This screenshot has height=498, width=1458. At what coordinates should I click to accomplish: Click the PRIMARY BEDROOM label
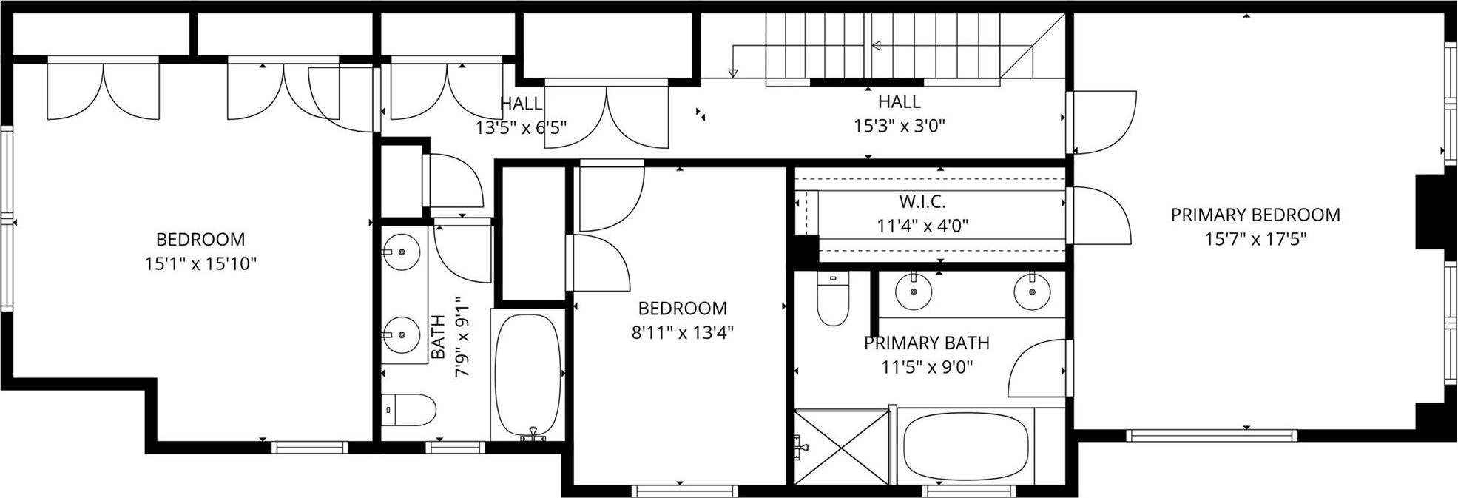[x=1255, y=215]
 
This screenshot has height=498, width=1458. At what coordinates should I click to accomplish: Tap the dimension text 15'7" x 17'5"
[x=1255, y=239]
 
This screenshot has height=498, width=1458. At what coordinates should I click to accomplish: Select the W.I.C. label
[x=922, y=201]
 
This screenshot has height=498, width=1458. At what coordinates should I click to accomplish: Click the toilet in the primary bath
[x=834, y=300]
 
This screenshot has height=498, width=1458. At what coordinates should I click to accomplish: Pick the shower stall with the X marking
[x=842, y=447]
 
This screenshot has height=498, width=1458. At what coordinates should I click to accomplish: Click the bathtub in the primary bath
[x=965, y=447]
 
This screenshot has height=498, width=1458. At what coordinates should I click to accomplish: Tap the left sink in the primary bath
[x=914, y=291]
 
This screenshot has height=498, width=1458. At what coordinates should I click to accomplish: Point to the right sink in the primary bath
[x=1032, y=291]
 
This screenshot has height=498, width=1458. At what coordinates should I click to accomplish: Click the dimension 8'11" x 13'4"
[x=682, y=332]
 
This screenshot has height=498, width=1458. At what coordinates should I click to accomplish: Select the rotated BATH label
[x=438, y=337]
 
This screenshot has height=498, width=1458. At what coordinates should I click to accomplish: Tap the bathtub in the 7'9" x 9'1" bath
[x=527, y=377]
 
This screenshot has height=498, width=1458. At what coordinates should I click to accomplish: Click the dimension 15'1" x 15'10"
[x=200, y=263]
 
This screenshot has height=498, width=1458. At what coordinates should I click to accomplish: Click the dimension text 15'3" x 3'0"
[x=899, y=126]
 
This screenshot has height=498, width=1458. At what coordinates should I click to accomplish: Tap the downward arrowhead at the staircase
[x=733, y=73]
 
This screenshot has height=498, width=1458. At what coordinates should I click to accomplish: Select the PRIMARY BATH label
[x=926, y=343]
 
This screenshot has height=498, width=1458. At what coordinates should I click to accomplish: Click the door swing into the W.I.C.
[x=1100, y=216]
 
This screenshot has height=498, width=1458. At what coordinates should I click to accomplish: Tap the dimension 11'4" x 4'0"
[x=922, y=226]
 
